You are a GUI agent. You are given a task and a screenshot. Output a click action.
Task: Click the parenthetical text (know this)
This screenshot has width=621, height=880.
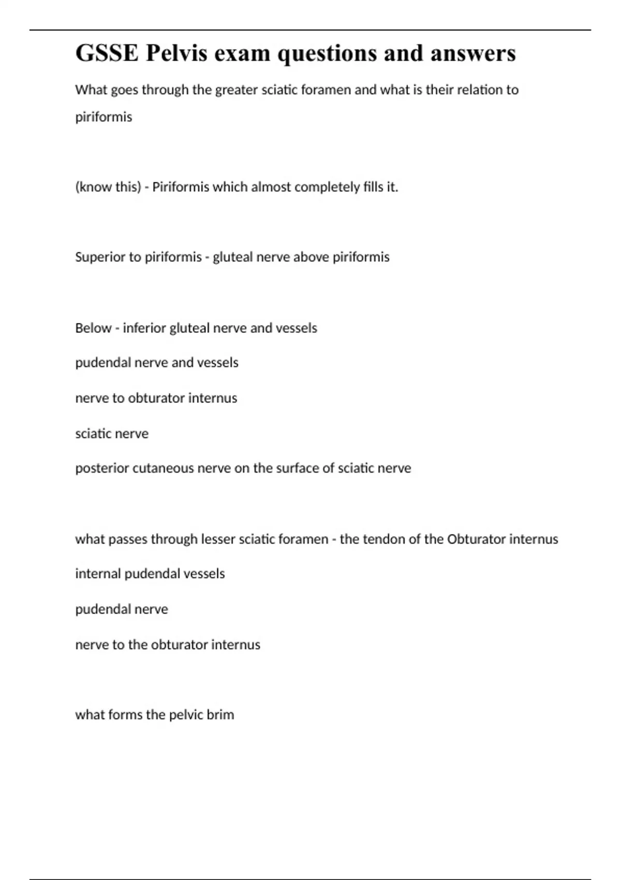(x=108, y=187)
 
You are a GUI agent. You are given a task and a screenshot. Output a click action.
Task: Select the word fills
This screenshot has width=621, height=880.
(x=374, y=187)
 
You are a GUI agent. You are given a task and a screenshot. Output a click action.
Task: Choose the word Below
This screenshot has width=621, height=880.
(x=93, y=328)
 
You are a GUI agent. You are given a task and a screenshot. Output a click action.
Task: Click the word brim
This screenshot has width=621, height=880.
(x=220, y=715)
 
